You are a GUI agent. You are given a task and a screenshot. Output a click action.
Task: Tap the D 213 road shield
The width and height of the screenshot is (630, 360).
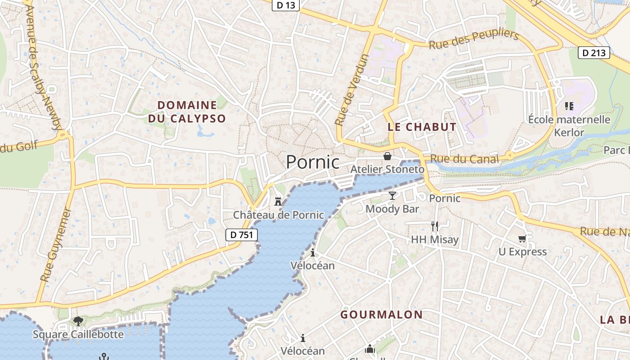tap(593, 53)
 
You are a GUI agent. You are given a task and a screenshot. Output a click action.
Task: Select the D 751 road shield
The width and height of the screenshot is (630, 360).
tap(241, 234)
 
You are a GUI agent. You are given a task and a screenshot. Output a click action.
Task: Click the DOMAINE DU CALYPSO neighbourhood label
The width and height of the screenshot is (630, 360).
tap(187, 112)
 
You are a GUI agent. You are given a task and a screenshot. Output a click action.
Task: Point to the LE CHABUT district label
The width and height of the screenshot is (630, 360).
tap(422, 127)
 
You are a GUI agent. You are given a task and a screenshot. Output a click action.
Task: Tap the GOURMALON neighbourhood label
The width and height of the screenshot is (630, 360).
tap(381, 315)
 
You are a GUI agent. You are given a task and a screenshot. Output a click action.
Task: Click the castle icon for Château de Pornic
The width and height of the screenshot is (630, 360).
tap(278, 201)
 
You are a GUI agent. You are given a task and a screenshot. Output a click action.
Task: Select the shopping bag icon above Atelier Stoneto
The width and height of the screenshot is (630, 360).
tap(387, 156)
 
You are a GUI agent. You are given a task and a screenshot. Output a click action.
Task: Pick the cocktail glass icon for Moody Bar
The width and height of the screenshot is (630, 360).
tap(392, 195)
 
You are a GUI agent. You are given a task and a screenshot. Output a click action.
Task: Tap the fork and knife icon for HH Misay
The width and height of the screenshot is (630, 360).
tap(434, 226)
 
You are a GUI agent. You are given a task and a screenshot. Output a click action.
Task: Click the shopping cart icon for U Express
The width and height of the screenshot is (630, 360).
tap(522, 238)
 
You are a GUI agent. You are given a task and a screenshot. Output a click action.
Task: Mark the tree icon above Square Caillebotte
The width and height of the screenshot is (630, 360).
tap(78, 321)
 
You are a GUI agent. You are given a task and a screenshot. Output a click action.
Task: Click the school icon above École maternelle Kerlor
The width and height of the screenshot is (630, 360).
tap(569, 106)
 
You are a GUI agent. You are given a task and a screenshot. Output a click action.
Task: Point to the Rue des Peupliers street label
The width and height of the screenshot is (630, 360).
tap(474, 40)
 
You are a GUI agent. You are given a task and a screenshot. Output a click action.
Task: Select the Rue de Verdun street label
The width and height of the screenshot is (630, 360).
tap(352, 90)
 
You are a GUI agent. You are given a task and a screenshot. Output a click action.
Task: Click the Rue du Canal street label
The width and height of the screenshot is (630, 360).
tap(464, 159)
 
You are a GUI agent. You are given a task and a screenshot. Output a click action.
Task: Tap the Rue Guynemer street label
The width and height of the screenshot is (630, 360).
tap(56, 245)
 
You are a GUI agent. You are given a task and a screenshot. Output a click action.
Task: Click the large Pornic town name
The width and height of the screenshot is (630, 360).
tap(313, 162)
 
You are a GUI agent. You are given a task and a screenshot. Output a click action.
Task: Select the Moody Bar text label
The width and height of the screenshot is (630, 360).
tap(392, 209)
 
